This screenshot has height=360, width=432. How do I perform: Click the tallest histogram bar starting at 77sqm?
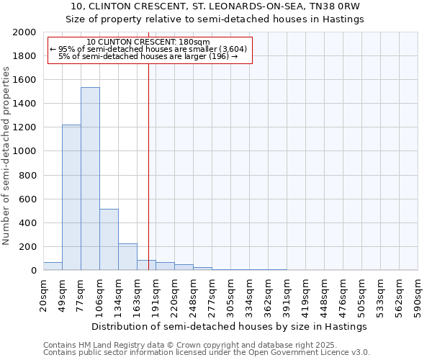90,180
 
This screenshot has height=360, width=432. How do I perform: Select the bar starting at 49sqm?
71,198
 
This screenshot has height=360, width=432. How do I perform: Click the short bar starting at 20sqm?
53,266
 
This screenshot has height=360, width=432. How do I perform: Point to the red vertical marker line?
148,166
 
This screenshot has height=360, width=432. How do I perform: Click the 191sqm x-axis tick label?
156,294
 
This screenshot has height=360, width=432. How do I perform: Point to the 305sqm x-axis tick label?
230,294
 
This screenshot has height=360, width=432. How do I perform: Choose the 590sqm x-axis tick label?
418,294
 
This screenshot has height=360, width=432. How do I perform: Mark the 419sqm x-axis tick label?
305,294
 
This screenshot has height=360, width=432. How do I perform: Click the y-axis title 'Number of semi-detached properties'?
6,156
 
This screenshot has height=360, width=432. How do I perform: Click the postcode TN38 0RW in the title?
341,6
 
